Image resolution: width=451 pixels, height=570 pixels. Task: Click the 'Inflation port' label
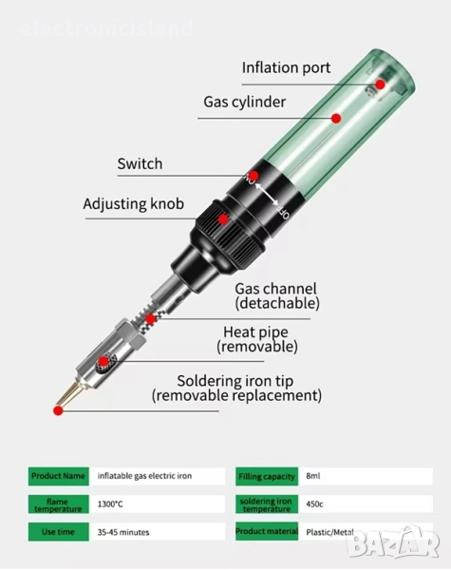286,68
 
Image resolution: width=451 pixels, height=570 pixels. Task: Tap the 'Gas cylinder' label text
245,103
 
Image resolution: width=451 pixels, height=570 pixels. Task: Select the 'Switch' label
140,164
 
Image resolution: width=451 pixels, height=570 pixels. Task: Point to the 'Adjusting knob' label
133,204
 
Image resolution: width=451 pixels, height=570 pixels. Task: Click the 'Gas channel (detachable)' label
277,295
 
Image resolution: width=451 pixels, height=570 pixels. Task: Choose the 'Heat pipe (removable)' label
257,339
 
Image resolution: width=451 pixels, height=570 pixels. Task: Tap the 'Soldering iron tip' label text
235,381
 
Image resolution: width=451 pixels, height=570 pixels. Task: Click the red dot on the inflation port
380,85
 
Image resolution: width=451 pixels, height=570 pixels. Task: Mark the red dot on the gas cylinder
336,118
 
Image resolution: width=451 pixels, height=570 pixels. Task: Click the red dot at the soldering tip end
58,410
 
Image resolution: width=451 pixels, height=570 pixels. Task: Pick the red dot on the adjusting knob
223,219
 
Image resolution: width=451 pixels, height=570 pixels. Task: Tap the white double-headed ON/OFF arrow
267,195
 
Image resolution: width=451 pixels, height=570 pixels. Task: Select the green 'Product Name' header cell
59,476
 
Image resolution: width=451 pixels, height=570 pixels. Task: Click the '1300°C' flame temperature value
110,504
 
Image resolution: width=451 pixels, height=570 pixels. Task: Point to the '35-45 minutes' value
123,532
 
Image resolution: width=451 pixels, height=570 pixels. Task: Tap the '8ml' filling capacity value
313,476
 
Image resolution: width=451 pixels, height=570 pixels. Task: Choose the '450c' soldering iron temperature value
314,504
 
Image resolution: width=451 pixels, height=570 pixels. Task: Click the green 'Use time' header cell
59,532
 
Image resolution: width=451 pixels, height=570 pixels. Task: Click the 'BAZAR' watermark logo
394,542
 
